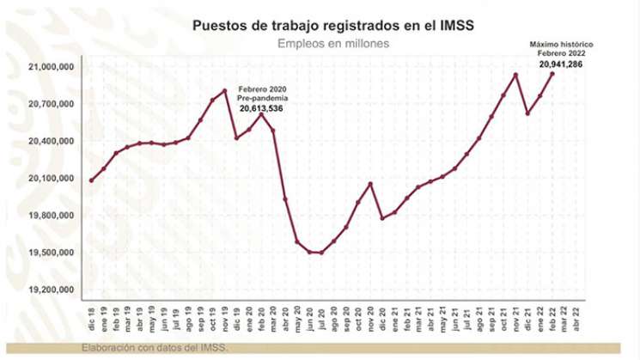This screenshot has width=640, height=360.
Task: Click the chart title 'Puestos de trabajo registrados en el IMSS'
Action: [x=334, y=26]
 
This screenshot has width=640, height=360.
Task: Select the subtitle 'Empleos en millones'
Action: [x=334, y=43]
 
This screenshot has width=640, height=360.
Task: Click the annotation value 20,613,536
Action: [x=261, y=109]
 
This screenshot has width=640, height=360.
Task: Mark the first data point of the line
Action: [x=91, y=180]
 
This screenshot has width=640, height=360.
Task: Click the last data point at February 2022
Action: [x=552, y=74]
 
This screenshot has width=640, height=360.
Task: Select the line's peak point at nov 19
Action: [x=224, y=90]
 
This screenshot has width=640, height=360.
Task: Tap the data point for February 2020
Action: [x=261, y=114]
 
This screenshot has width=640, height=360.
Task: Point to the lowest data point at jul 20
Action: [x=321, y=253]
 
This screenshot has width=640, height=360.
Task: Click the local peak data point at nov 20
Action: [x=370, y=183]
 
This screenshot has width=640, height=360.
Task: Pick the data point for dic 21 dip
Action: [x=527, y=113]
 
